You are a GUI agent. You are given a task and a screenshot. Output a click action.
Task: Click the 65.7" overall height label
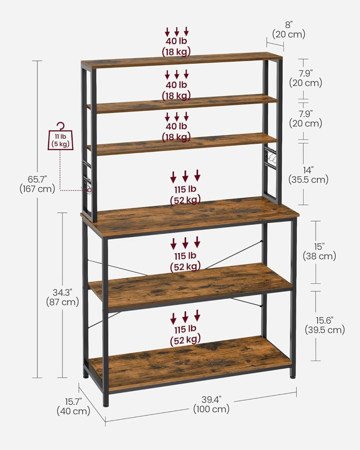[x=38, y=184]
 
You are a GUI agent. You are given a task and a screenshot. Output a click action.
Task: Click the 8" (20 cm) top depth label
[x=289, y=30]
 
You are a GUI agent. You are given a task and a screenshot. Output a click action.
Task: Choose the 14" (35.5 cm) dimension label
[x=308, y=175]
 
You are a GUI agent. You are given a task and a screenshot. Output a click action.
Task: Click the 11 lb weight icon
[x=61, y=140]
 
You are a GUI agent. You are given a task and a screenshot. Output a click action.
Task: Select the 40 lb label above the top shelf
[x=176, y=41]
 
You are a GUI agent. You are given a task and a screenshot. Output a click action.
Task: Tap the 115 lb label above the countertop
[x=185, y=189]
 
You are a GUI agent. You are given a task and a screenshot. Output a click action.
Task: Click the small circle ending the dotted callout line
[x=89, y=190]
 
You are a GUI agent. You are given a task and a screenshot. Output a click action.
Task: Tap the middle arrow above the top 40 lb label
[x=177, y=31]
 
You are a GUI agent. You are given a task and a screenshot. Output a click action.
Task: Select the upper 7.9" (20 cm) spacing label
[x=306, y=78]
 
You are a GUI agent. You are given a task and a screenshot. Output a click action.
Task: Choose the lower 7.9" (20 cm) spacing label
[x=306, y=118]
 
